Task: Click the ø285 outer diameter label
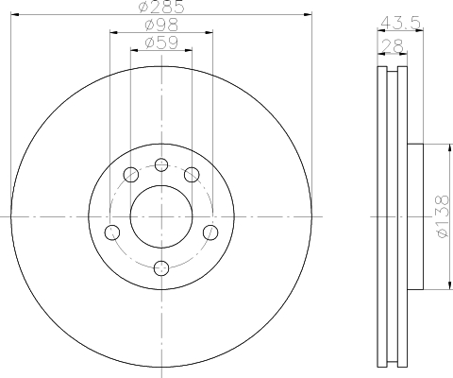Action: pos(160,8)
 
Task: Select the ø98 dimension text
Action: pos(160,26)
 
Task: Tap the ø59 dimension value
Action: pos(160,43)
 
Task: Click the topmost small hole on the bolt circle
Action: pos(160,165)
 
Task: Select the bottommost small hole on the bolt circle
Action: pos(160,266)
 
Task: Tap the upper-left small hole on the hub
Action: pos(129,174)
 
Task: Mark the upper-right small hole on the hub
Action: pos(192,174)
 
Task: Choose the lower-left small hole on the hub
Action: pos(111,232)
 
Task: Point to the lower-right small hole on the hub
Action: pos(210,232)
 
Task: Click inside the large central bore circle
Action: pos(160,215)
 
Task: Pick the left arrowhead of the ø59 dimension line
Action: pos(133,50)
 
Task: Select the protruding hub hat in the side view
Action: pos(416,215)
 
